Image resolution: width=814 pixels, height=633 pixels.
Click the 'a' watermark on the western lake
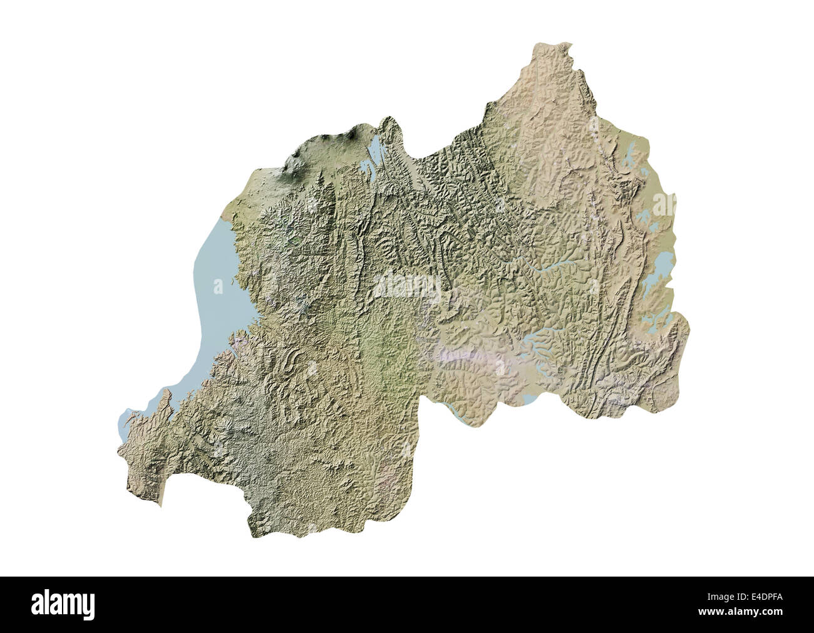[x=217, y=287]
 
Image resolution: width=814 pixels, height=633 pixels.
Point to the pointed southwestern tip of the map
[x=160, y=505]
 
